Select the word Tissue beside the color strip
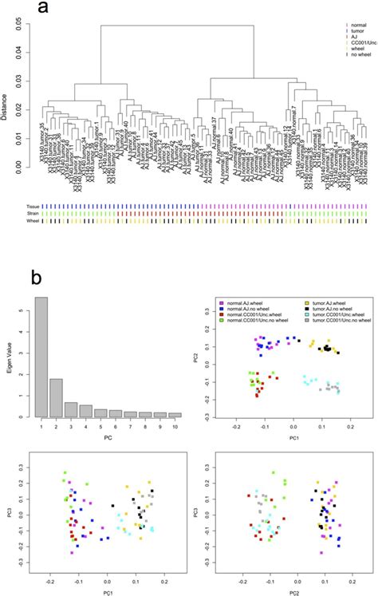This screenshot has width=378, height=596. click(x=32, y=206)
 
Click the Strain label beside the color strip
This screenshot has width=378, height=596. click(x=32, y=213)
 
